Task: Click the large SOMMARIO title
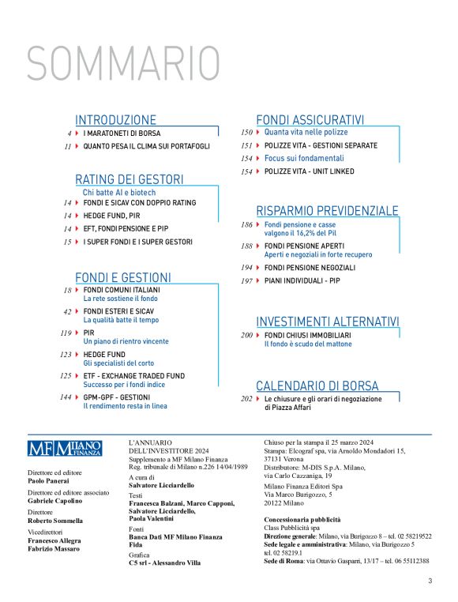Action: (124, 63)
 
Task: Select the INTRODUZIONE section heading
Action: (115, 120)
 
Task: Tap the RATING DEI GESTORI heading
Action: (129, 179)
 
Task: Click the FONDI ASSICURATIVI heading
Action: (310, 120)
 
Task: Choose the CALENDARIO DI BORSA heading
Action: (317, 386)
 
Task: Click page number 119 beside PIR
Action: (65, 333)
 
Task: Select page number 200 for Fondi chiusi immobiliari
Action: (247, 336)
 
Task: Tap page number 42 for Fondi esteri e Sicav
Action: (67, 312)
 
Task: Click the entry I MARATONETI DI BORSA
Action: (122, 134)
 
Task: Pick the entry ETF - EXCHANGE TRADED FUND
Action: (134, 376)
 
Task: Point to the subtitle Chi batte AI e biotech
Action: (119, 192)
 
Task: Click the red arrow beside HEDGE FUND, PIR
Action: (77, 216)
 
